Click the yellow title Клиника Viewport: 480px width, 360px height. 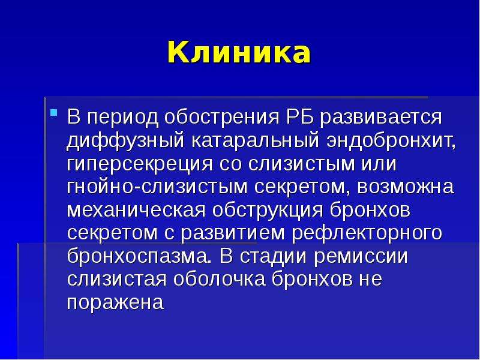[239, 52]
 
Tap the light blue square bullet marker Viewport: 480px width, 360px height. [53, 113]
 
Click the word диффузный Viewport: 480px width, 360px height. [125, 141]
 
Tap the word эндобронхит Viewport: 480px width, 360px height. [391, 141]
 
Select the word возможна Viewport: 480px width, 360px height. [406, 186]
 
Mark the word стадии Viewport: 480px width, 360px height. [274, 257]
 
